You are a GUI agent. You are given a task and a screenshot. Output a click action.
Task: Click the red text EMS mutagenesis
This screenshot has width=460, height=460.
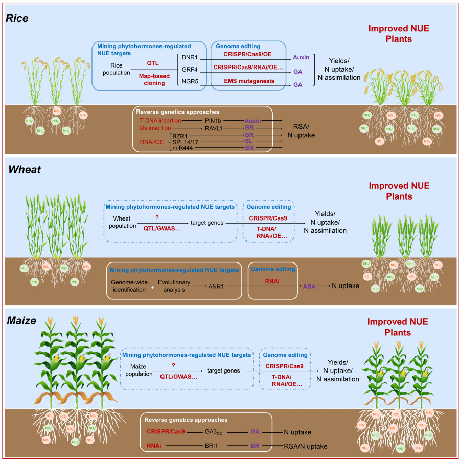249,81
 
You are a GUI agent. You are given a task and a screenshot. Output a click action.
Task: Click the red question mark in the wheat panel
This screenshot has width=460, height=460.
163,216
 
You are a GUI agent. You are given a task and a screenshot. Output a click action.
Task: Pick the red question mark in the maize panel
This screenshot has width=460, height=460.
174,365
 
